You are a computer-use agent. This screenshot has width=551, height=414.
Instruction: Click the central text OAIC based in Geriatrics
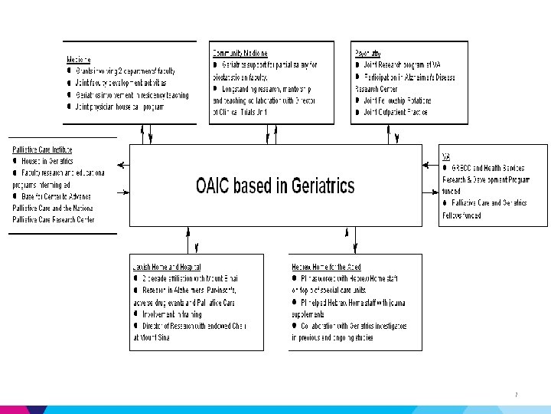click(x=275, y=186)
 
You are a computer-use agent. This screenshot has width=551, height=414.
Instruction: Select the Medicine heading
click(x=79, y=59)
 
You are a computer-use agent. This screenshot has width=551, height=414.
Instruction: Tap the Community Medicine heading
click(x=240, y=53)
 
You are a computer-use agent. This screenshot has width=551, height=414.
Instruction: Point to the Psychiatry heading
click(x=368, y=53)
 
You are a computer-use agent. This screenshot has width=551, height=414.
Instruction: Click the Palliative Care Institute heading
click(x=42, y=149)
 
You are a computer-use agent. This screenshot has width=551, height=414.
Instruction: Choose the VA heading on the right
click(x=446, y=157)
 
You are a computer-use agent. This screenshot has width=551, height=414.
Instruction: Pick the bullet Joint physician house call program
click(x=121, y=107)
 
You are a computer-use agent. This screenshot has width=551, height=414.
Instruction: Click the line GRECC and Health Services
click(x=490, y=168)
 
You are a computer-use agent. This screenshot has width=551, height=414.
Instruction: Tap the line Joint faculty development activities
click(x=121, y=83)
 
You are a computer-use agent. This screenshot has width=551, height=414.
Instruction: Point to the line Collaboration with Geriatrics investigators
click(x=353, y=326)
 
